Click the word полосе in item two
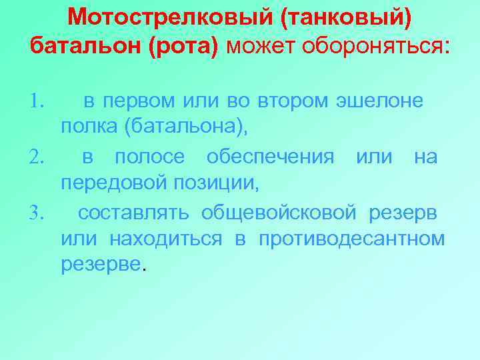pos(150,157)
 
